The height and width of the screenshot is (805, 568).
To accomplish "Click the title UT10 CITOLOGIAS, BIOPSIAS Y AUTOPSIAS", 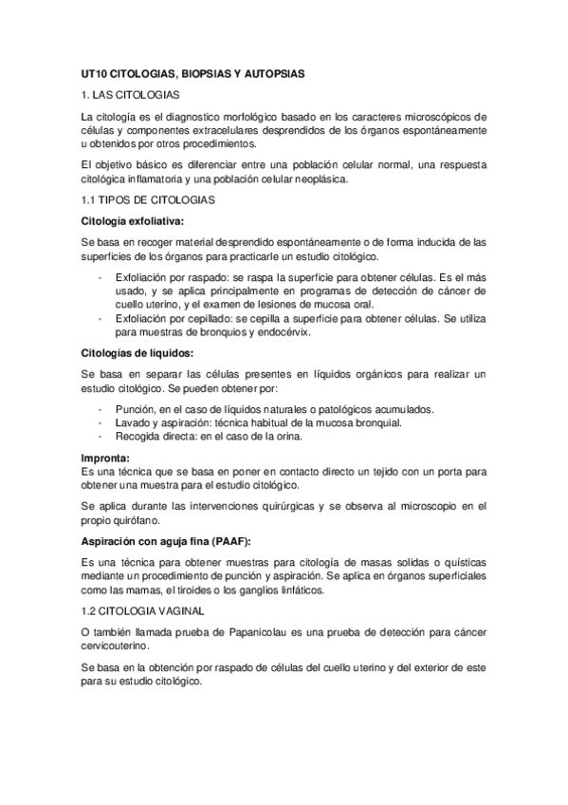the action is click(205, 72).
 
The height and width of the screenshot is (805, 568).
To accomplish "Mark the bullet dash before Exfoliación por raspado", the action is click(101, 276).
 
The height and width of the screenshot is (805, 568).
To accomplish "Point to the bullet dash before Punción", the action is click(101, 409).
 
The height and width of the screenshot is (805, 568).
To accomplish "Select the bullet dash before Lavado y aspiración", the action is click(101, 422).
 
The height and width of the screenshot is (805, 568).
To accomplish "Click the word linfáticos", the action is click(295, 590).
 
